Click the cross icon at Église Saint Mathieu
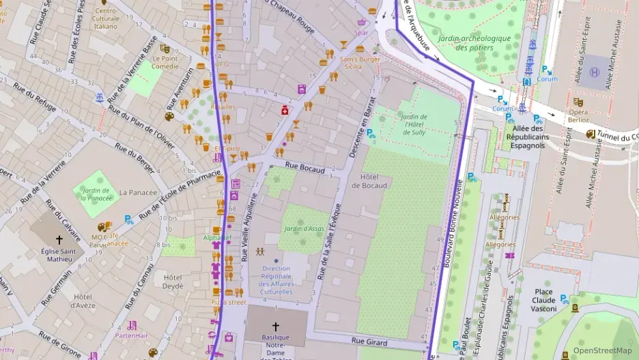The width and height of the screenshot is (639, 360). [x=59, y=240]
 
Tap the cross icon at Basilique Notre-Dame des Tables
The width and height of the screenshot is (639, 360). [x=276, y=327]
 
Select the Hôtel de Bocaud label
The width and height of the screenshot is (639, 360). [x=369, y=181]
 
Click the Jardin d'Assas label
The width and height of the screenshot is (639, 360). [x=303, y=228]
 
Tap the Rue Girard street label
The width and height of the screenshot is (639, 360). [x=369, y=342]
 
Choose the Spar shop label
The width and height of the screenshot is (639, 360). [x=361, y=32]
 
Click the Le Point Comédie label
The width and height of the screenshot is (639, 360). [x=165, y=62]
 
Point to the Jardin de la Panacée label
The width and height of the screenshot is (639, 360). [x=96, y=193]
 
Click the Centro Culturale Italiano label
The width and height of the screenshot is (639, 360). [x=106, y=18]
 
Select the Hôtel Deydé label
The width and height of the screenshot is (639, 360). [x=173, y=282]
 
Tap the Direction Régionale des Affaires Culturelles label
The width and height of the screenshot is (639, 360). [x=276, y=280]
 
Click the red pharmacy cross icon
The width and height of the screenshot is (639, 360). [x=285, y=110]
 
